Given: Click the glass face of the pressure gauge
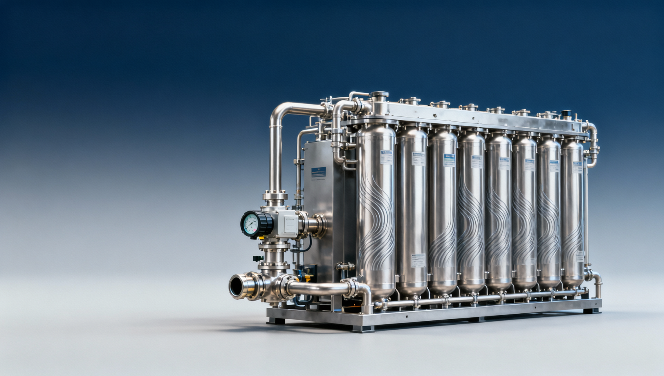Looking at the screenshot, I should [251, 224].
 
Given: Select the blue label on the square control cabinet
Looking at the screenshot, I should [318, 172].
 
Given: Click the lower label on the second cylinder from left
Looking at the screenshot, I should [418, 260].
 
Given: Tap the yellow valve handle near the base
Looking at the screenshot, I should [307, 278].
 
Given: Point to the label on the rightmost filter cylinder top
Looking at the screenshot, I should [577, 167].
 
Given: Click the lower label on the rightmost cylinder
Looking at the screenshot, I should [579, 257].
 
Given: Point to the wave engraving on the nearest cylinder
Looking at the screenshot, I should [376, 219].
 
